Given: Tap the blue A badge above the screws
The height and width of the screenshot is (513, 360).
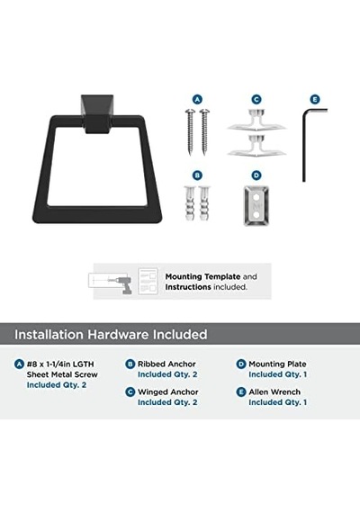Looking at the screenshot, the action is point(197,100).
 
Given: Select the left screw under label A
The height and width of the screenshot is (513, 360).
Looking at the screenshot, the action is point(190,132).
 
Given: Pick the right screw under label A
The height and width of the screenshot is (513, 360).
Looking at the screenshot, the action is point(204,132).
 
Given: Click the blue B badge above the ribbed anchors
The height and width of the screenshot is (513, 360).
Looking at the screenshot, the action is point(197,175).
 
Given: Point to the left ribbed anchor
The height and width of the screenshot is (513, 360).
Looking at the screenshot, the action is point(190,202).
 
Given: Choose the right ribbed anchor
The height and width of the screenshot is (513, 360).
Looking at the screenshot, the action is point(204,202).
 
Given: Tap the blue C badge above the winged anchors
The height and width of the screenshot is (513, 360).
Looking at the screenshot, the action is point(256,100).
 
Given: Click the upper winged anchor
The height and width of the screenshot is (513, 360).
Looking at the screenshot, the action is point(256,121).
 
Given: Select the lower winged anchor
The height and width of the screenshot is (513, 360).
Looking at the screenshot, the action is point(256,146).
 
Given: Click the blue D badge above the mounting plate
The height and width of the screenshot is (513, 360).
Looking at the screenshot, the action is point(256,175).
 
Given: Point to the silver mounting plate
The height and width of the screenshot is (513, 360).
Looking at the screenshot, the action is point(256,206).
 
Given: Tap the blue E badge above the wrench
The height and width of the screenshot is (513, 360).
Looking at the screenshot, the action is point(315,100).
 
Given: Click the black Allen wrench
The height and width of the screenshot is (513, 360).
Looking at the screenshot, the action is point(304,144).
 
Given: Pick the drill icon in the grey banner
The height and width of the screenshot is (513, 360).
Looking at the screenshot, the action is point(123,284).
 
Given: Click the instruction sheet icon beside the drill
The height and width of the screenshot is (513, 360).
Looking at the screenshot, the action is point(148,281).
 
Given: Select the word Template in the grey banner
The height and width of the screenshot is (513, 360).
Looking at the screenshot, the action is point(222,277).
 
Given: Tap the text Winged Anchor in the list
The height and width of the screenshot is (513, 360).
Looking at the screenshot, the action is point(168,391).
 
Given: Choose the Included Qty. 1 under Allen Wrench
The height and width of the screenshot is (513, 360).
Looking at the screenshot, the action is point(278,402).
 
